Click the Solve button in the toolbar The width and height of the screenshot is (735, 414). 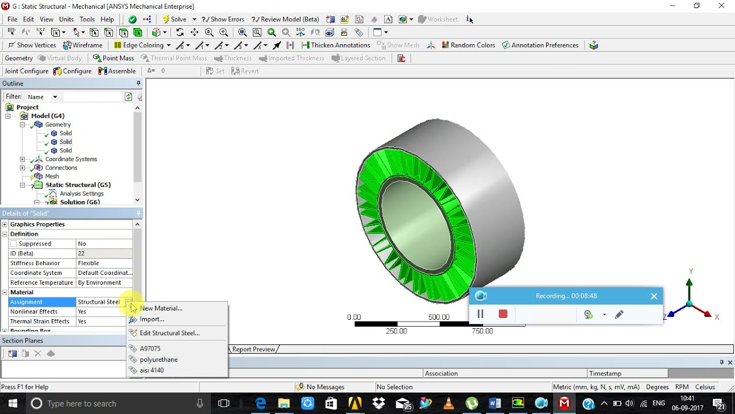[x=175, y=19]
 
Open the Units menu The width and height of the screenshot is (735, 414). [x=66, y=19]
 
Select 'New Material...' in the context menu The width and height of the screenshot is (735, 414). [x=161, y=308]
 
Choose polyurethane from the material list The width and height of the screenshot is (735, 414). [x=158, y=359]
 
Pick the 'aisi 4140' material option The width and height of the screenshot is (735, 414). [x=152, y=370]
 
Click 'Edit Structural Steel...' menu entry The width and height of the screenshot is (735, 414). [x=169, y=333]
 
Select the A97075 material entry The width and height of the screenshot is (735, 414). [x=150, y=348]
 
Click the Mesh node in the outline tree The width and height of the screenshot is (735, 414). [x=52, y=177]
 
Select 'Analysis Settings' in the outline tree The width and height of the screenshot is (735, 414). [x=82, y=194]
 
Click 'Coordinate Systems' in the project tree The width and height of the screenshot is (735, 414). [x=71, y=159]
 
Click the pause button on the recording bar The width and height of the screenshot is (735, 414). [x=481, y=314]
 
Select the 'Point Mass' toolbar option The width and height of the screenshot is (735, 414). [x=114, y=58]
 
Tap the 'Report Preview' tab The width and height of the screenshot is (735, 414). [x=253, y=349]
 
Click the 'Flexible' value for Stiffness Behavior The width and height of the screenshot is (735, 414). [x=88, y=263]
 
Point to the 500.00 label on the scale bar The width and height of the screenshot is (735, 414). [x=439, y=317]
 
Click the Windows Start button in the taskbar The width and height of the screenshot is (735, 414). [x=12, y=404]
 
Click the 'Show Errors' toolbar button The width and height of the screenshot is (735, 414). [x=223, y=19]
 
